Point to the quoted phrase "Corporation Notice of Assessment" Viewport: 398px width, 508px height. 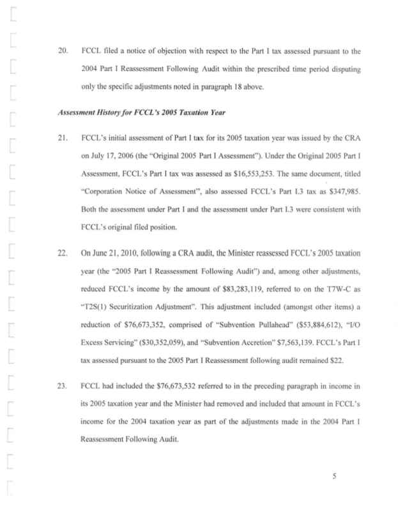click(139, 190)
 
